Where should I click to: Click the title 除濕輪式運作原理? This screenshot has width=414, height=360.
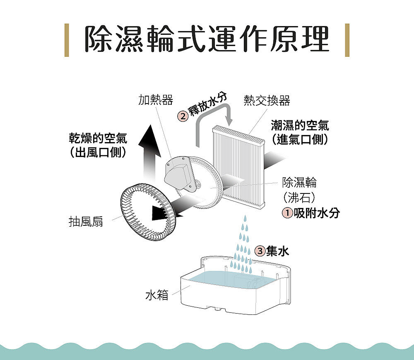click(x=207, y=39)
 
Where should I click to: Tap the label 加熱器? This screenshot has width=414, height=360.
click(x=156, y=100)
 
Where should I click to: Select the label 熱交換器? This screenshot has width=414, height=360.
click(x=267, y=100)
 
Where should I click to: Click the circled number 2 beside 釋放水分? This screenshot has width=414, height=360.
click(x=183, y=116)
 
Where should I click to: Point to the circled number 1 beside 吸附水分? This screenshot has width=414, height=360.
click(x=288, y=213)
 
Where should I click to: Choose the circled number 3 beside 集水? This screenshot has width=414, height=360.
click(x=260, y=251)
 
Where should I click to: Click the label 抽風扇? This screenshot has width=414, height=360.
click(x=86, y=221)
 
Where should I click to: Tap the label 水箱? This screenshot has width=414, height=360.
click(x=157, y=295)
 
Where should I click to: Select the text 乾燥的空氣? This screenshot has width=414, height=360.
click(x=98, y=138)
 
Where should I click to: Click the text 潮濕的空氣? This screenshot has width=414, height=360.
click(x=300, y=125)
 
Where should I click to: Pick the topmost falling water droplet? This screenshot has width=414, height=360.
click(x=245, y=218)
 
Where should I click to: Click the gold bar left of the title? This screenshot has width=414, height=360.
click(x=67, y=40)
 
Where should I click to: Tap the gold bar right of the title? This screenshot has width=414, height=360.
click(x=347, y=40)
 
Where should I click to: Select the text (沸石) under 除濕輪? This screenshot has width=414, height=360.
click(x=299, y=197)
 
